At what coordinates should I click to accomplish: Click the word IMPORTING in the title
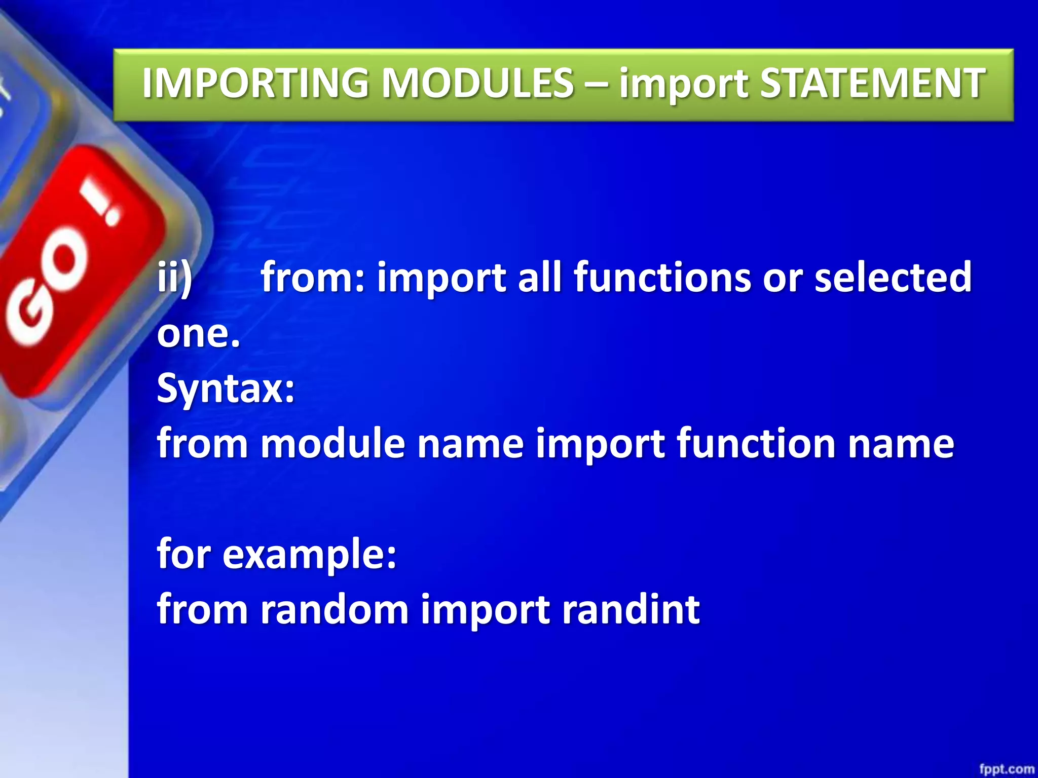[256, 84]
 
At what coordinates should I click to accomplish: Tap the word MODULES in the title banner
[477, 84]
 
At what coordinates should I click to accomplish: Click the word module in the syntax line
[332, 443]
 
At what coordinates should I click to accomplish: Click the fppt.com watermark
[1006, 768]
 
